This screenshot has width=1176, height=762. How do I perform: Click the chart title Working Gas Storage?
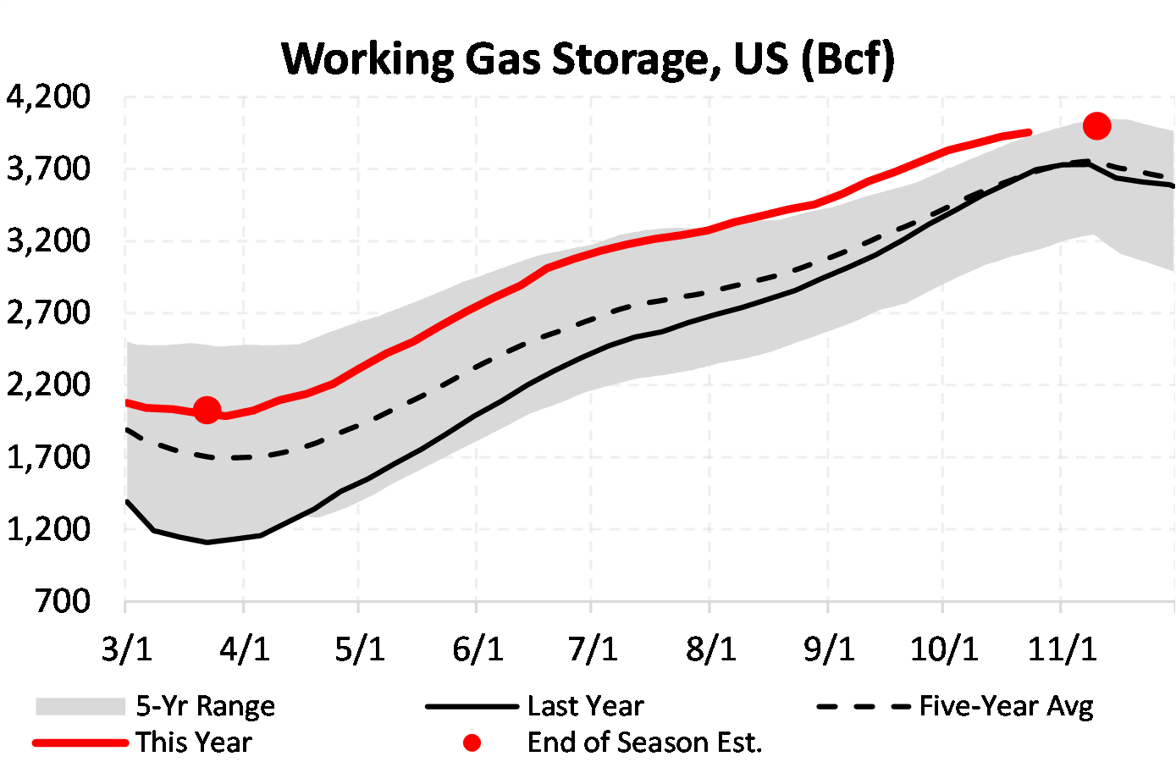point(588,59)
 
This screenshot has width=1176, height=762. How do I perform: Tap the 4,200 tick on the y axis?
point(48,97)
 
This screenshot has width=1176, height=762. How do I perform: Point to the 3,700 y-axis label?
point(48,169)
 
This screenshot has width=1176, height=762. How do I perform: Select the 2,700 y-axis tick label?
point(48,312)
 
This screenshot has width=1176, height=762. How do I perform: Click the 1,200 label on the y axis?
point(48,529)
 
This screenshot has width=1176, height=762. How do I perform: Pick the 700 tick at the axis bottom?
point(61,601)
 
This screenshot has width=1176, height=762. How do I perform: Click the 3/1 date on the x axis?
point(126,649)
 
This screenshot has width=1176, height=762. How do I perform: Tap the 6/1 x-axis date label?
point(478,649)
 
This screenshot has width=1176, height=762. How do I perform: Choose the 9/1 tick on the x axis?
point(829,649)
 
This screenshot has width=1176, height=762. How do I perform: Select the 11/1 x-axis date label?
point(1062,649)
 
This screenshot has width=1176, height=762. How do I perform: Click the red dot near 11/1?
point(1096,126)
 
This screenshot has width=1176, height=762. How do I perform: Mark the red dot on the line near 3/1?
point(207,411)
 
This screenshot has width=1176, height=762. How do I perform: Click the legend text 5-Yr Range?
point(205,706)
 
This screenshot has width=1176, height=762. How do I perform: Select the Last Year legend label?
point(585,706)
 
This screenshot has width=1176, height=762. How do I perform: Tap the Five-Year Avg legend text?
point(1006,706)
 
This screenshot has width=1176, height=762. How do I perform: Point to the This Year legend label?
point(194,743)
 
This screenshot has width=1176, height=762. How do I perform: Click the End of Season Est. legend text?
point(644,743)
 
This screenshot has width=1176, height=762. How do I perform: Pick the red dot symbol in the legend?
point(472,743)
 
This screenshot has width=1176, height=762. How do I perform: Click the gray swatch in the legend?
point(80,706)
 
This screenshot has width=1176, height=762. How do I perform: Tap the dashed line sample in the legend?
point(864,706)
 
